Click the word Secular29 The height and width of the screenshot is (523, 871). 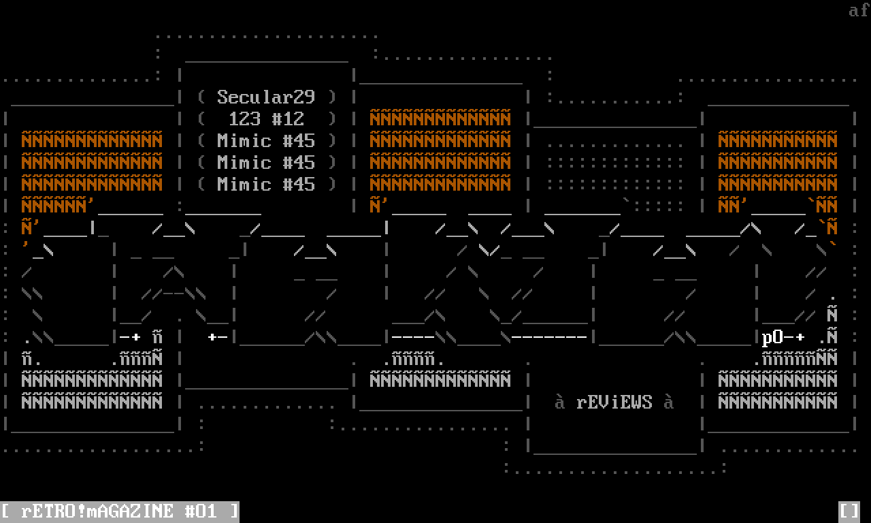tap(266, 97)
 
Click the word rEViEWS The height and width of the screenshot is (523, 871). tap(614, 402)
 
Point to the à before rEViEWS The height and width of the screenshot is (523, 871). tap(560, 402)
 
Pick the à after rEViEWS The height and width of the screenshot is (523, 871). tap(669, 402)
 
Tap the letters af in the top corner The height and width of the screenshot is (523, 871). tap(859, 10)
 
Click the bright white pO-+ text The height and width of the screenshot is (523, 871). tap(783, 337)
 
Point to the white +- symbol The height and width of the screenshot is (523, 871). tap(217, 337)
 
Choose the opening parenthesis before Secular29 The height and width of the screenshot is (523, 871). tap(201, 97)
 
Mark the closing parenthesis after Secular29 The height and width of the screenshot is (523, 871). tap(332, 97)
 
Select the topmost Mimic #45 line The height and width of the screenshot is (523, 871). tap(266, 140)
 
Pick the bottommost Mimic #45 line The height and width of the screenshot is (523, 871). tap(266, 184)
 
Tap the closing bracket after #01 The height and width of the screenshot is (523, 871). tap(234, 511)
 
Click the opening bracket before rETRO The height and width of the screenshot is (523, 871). tap(5, 511)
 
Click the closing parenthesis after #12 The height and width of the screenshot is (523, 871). tap(332, 118)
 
